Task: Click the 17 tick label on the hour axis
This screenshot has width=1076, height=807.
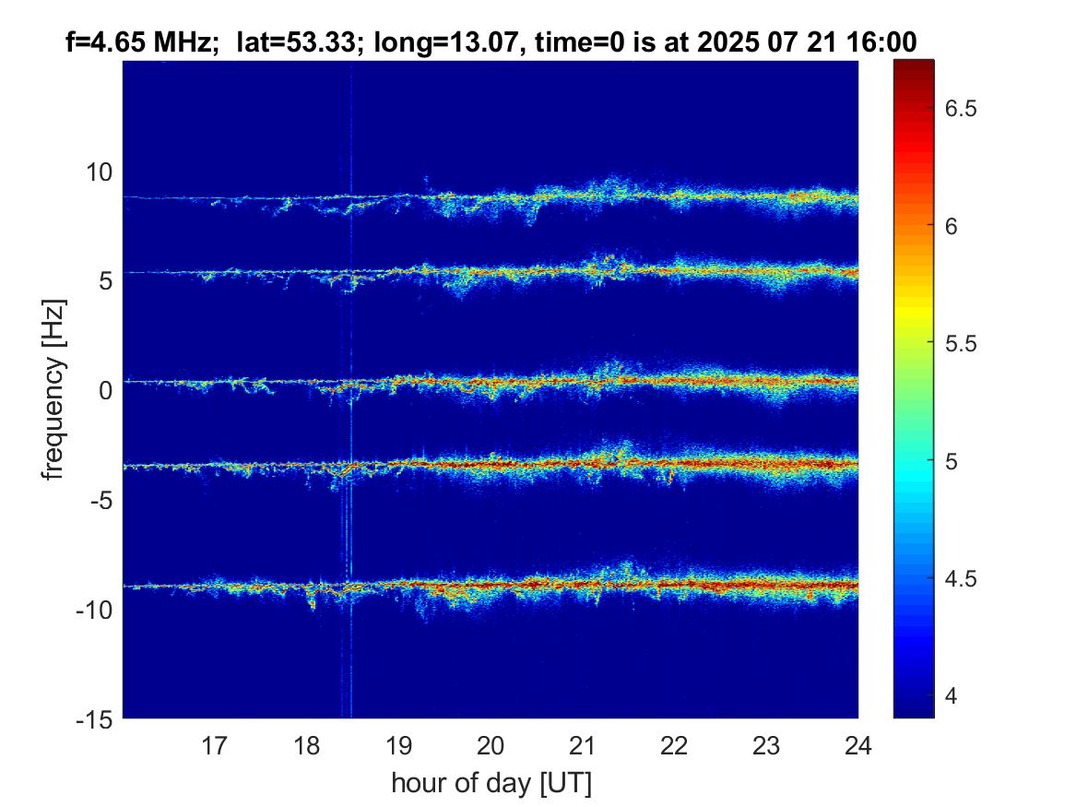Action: tap(215, 744)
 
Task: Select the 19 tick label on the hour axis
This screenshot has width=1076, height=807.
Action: tap(398, 744)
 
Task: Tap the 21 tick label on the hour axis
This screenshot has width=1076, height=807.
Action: tap(583, 744)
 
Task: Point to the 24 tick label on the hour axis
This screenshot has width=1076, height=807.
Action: tap(857, 744)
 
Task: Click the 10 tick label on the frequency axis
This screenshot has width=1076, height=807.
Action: tap(100, 172)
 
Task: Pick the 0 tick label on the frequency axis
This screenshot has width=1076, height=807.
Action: tap(106, 390)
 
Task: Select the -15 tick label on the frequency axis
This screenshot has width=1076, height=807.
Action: tap(96, 718)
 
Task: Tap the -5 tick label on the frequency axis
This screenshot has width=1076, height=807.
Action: tap(101, 500)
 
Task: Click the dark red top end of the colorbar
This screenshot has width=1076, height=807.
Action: tap(914, 65)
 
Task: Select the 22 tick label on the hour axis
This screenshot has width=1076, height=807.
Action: tap(675, 744)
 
